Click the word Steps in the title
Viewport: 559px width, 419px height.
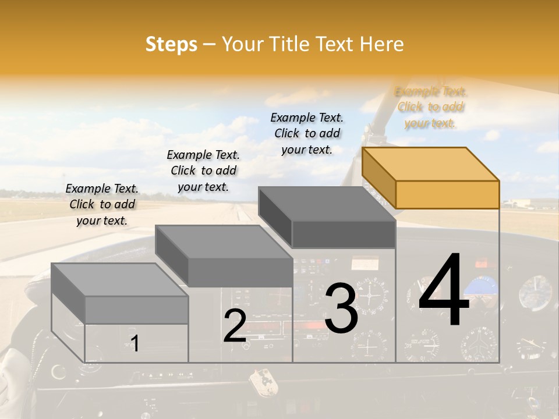coord(171,44)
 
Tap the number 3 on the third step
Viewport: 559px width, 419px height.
coord(341,308)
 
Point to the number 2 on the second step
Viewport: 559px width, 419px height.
coord(235,326)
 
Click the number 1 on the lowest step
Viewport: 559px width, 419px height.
coord(135,343)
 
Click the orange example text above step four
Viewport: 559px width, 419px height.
coord(431,107)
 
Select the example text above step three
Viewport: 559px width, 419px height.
coord(307,133)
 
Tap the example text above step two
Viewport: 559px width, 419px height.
coord(203,171)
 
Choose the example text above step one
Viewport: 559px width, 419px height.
coord(102,204)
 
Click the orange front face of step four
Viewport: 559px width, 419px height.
coord(447,194)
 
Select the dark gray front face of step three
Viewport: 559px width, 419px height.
coord(344,234)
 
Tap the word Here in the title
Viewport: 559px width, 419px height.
coord(383,44)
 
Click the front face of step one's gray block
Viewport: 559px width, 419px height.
coord(136,310)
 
